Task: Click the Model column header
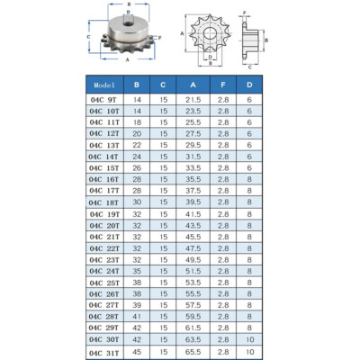104,85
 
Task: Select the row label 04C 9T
103,100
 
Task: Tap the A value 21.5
193,100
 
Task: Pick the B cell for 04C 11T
137,122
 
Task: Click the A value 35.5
193,179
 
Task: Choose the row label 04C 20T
104,226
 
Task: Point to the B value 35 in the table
137,271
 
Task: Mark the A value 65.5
193,352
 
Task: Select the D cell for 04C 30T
249,339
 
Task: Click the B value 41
137,317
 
